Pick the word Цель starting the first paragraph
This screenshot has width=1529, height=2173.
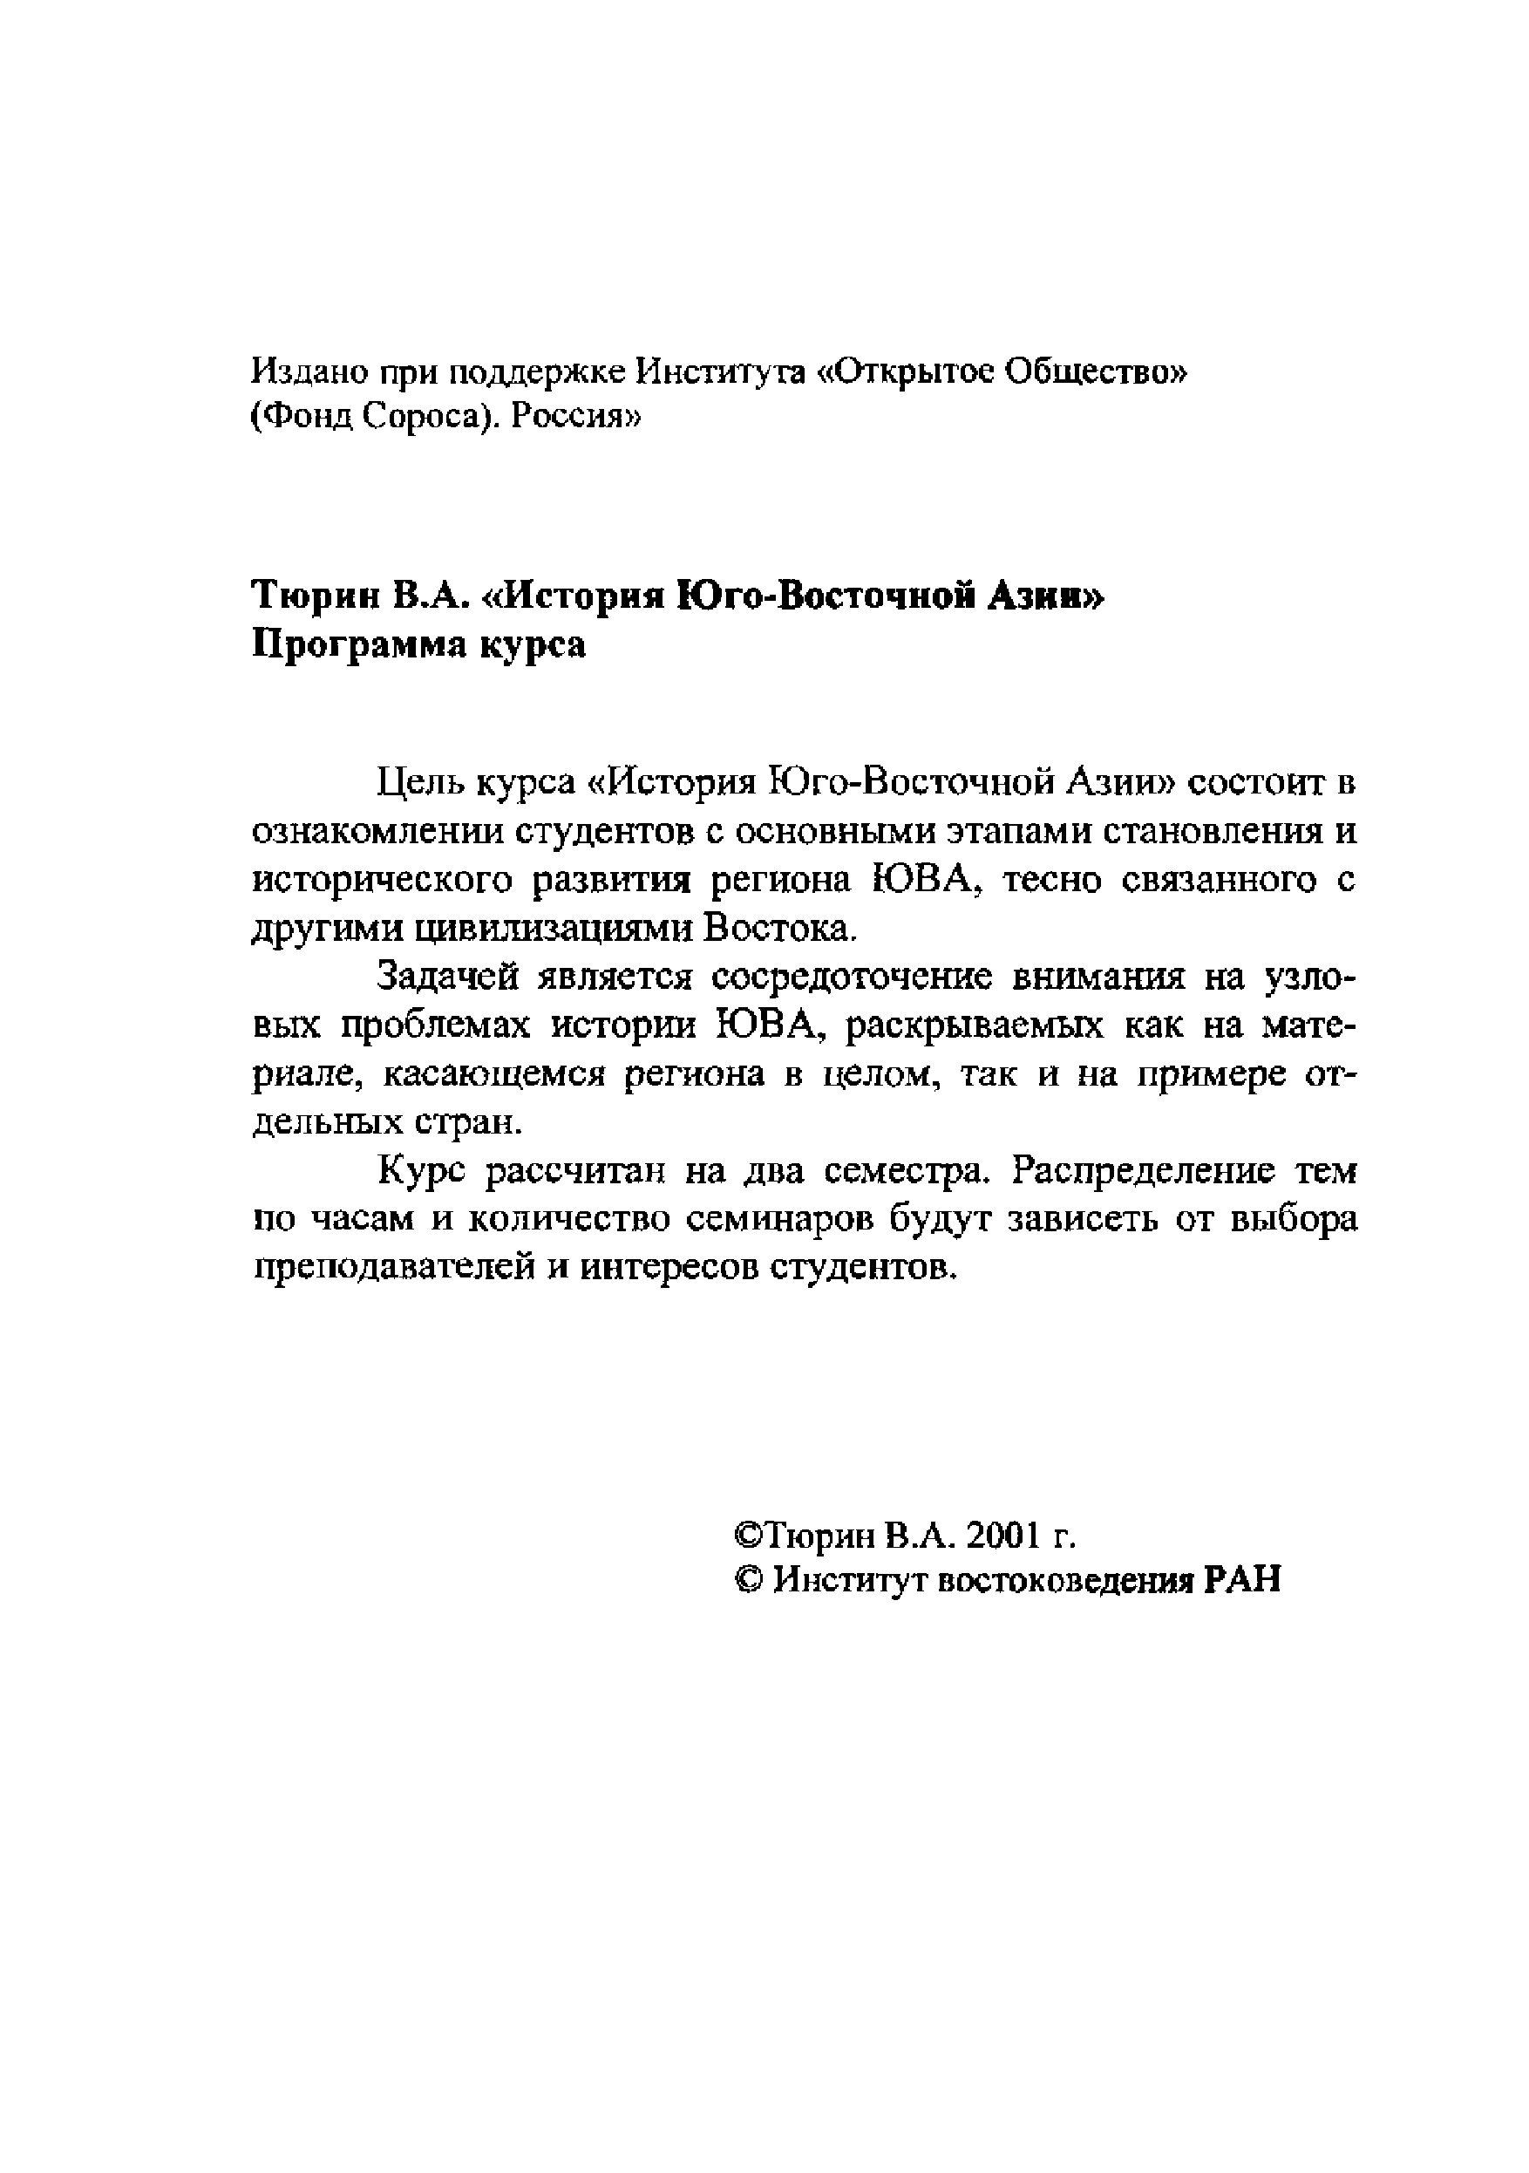pos(418,783)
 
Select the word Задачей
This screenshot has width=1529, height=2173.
pos(447,977)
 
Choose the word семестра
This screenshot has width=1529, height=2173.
pos(907,1172)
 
